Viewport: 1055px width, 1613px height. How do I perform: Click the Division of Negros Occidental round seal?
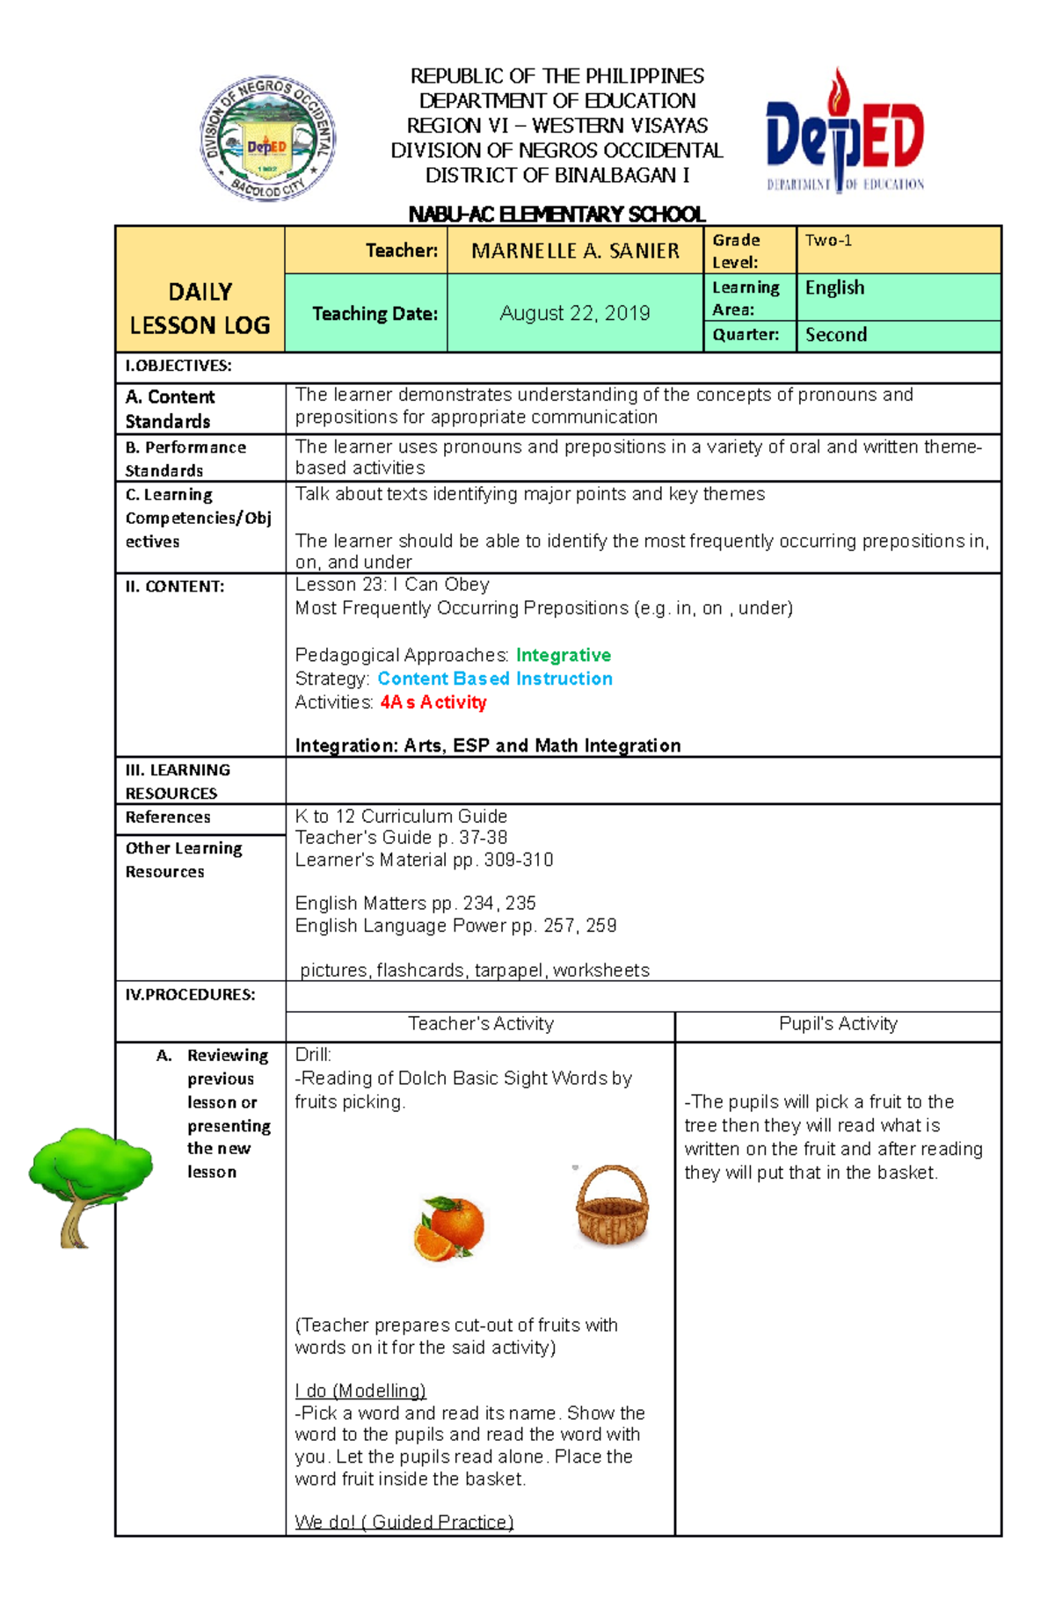point(267,139)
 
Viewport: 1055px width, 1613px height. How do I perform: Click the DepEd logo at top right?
point(844,132)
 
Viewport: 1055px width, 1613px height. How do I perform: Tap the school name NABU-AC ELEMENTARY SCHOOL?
point(557,214)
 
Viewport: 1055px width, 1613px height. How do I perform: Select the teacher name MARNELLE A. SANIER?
point(575,251)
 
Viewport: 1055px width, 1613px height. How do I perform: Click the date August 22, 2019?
point(575,313)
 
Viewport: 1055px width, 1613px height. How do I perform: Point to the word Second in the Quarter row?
point(836,335)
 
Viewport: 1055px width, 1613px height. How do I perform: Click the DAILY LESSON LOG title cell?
point(200,309)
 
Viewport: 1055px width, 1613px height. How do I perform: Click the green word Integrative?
point(563,655)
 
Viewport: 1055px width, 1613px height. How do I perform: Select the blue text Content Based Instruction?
point(495,679)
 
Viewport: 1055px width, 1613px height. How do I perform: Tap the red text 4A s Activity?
point(433,702)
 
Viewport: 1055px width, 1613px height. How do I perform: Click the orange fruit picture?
point(449,1228)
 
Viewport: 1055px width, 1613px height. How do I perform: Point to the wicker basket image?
point(612,1206)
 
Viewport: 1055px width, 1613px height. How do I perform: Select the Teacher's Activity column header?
point(481,1024)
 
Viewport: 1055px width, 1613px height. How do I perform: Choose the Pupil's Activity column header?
point(838,1024)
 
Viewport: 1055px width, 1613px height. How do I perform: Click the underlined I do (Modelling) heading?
point(360,1391)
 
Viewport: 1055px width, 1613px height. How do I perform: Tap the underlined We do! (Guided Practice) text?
point(404,1522)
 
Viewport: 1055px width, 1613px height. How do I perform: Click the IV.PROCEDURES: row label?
point(190,995)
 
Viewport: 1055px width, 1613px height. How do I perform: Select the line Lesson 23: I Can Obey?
point(392,585)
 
